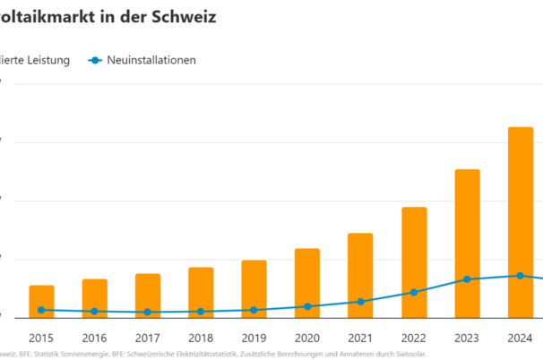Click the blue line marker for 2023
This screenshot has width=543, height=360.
point(467,279)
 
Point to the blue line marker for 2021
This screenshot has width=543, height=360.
point(360,302)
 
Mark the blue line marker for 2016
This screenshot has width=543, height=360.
point(94,312)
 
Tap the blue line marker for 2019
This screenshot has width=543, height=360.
point(254,310)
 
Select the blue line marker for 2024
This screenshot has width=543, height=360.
point(521,276)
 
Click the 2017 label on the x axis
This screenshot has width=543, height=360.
point(147,339)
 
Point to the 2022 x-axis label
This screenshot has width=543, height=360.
point(414,339)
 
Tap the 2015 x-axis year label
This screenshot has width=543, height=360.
point(41,339)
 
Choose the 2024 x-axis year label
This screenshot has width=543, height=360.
point(521,339)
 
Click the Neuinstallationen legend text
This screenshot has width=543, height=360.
point(151,60)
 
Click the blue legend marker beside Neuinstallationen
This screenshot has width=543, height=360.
point(94,60)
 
